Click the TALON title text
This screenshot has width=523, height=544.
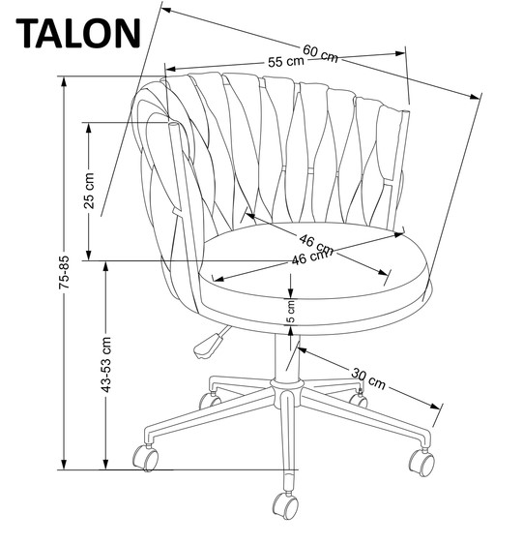[x=78, y=33]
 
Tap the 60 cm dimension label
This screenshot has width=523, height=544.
[x=320, y=54]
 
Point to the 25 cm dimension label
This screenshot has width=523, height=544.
[x=89, y=191]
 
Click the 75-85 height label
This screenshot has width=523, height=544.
[x=64, y=272]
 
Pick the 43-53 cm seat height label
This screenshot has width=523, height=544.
[x=105, y=365]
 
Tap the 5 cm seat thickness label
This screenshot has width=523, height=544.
[x=292, y=312]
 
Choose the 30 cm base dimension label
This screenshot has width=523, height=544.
[x=368, y=378]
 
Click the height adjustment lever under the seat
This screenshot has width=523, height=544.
[x=210, y=345]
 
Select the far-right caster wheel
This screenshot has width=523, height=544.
[x=421, y=463]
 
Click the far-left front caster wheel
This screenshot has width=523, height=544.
[x=146, y=458]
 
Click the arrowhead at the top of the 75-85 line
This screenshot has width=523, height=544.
[x=64, y=82]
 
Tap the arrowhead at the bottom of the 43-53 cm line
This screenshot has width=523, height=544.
[x=105, y=464]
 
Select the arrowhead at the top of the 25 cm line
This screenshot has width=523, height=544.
[x=89, y=129]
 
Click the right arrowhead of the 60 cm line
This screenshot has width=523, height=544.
[x=475, y=96]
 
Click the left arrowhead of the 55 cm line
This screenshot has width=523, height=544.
[x=171, y=69]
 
